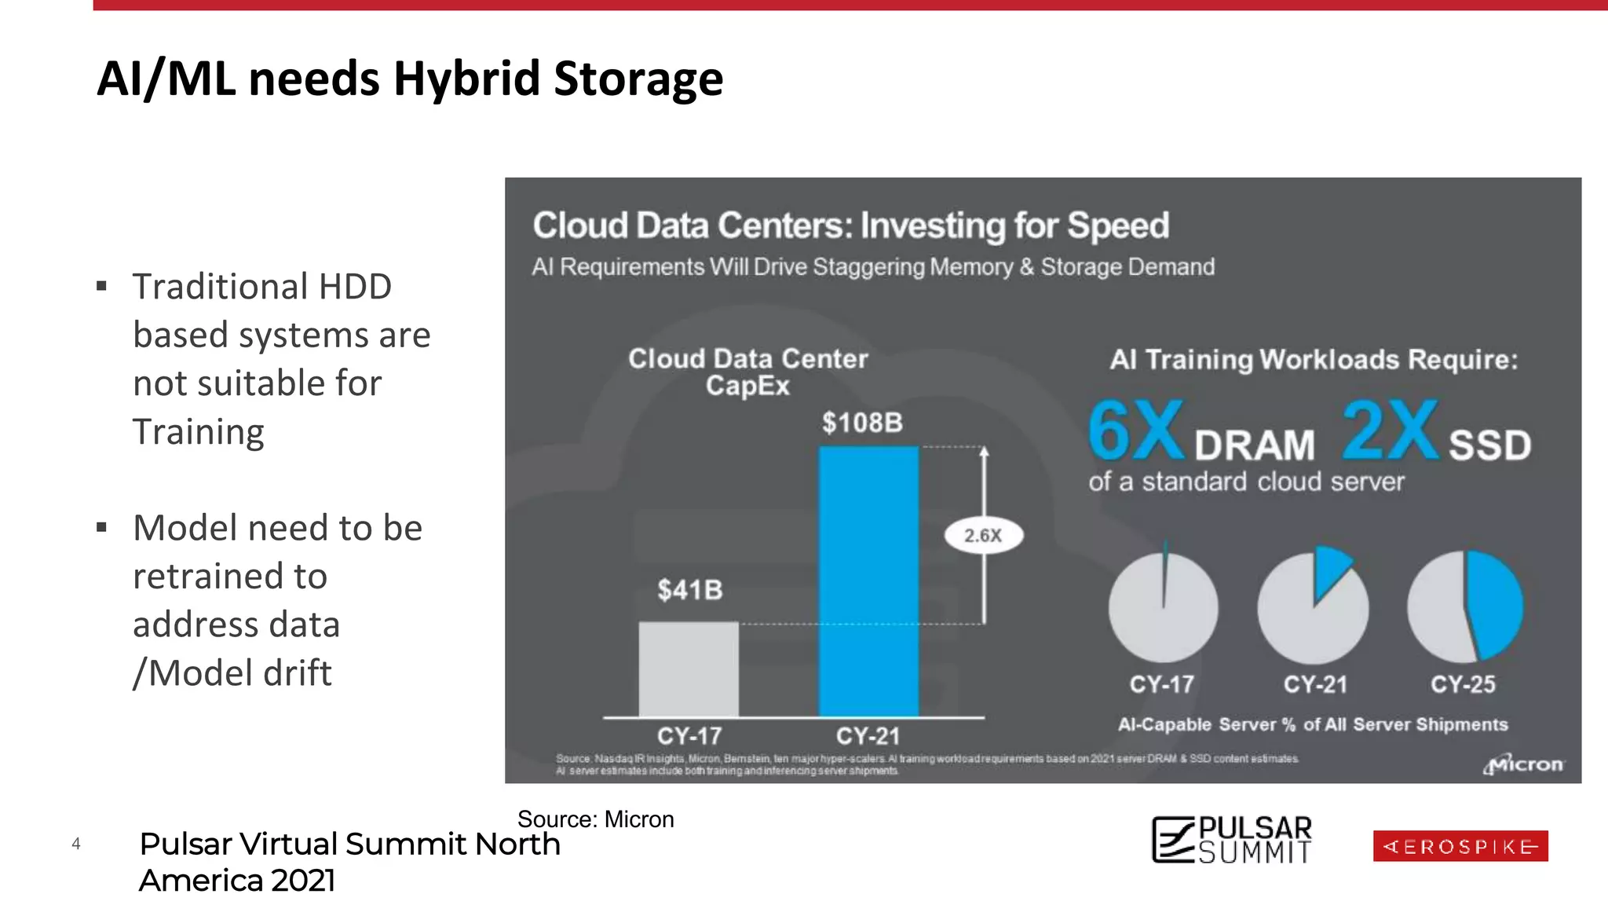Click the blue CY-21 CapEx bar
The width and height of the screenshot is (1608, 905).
(868, 581)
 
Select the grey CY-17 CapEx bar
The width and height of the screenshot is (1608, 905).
(689, 669)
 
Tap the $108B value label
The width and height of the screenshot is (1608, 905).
(862, 423)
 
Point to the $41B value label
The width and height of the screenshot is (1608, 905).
(690, 590)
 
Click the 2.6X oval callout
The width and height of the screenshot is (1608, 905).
(983, 536)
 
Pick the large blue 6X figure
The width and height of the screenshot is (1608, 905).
(1135, 431)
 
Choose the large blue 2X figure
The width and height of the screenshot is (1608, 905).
(1390, 431)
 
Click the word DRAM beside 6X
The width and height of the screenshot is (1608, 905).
(1255, 446)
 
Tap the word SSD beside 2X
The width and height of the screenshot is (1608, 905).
(1489, 446)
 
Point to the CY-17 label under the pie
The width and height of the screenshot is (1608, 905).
(1161, 684)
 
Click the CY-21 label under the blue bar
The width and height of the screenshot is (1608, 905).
(868, 736)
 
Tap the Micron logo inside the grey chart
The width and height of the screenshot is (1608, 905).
(1522, 764)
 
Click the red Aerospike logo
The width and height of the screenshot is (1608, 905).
(1460, 846)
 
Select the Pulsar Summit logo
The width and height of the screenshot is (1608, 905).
(1231, 840)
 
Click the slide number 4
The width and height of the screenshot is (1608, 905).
(76, 844)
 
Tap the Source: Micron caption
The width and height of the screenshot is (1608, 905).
(595, 819)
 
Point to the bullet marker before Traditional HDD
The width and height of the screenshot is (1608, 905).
(101, 286)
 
